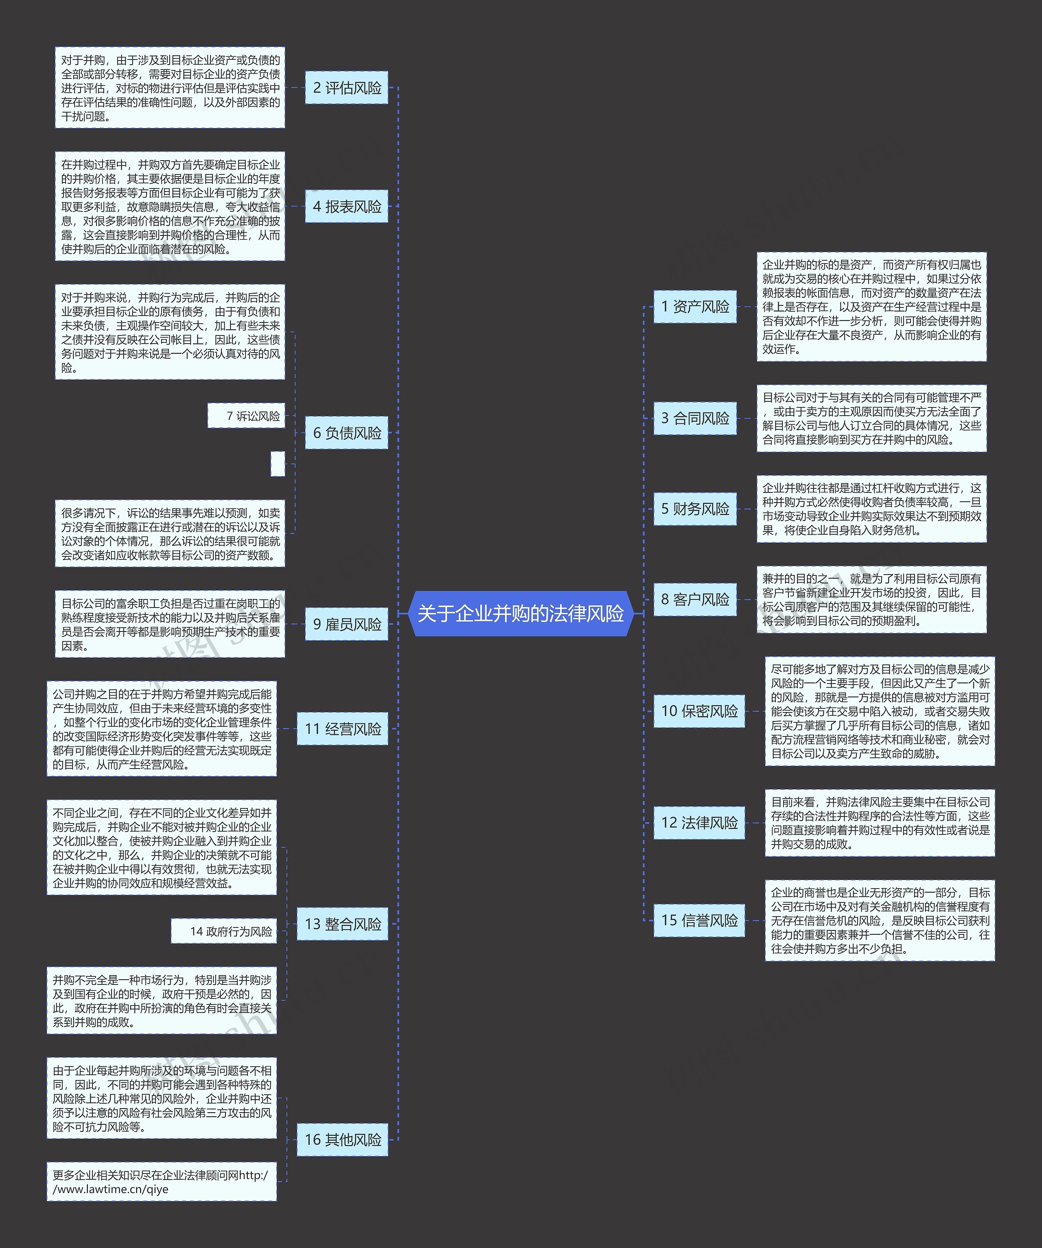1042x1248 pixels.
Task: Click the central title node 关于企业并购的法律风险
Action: click(x=521, y=613)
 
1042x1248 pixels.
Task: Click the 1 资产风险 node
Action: click(x=695, y=307)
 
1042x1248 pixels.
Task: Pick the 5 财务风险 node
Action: click(x=695, y=509)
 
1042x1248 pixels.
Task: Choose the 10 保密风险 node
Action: click(x=699, y=711)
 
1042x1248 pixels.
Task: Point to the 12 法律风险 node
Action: click(x=699, y=823)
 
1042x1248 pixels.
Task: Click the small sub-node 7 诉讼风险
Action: click(x=246, y=416)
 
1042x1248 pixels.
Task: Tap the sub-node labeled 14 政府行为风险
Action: click(x=224, y=931)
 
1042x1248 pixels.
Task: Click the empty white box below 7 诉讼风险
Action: click(x=278, y=464)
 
